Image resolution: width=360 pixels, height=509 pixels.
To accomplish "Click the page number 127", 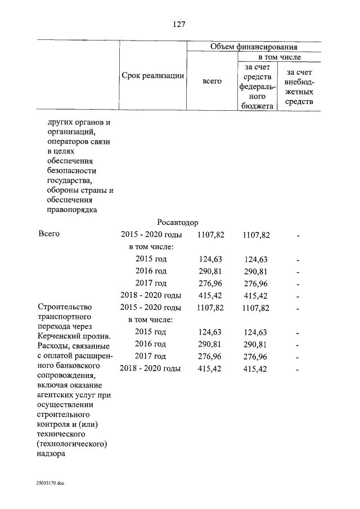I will pos(179,24).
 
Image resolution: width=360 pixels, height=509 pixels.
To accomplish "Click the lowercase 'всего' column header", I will pos(211,81).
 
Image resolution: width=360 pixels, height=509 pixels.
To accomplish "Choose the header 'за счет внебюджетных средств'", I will pos(299,86).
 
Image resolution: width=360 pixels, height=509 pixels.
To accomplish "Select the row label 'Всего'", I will pos(48,235).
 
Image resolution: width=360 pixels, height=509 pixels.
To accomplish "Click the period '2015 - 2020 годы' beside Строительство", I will pos(150,308).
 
